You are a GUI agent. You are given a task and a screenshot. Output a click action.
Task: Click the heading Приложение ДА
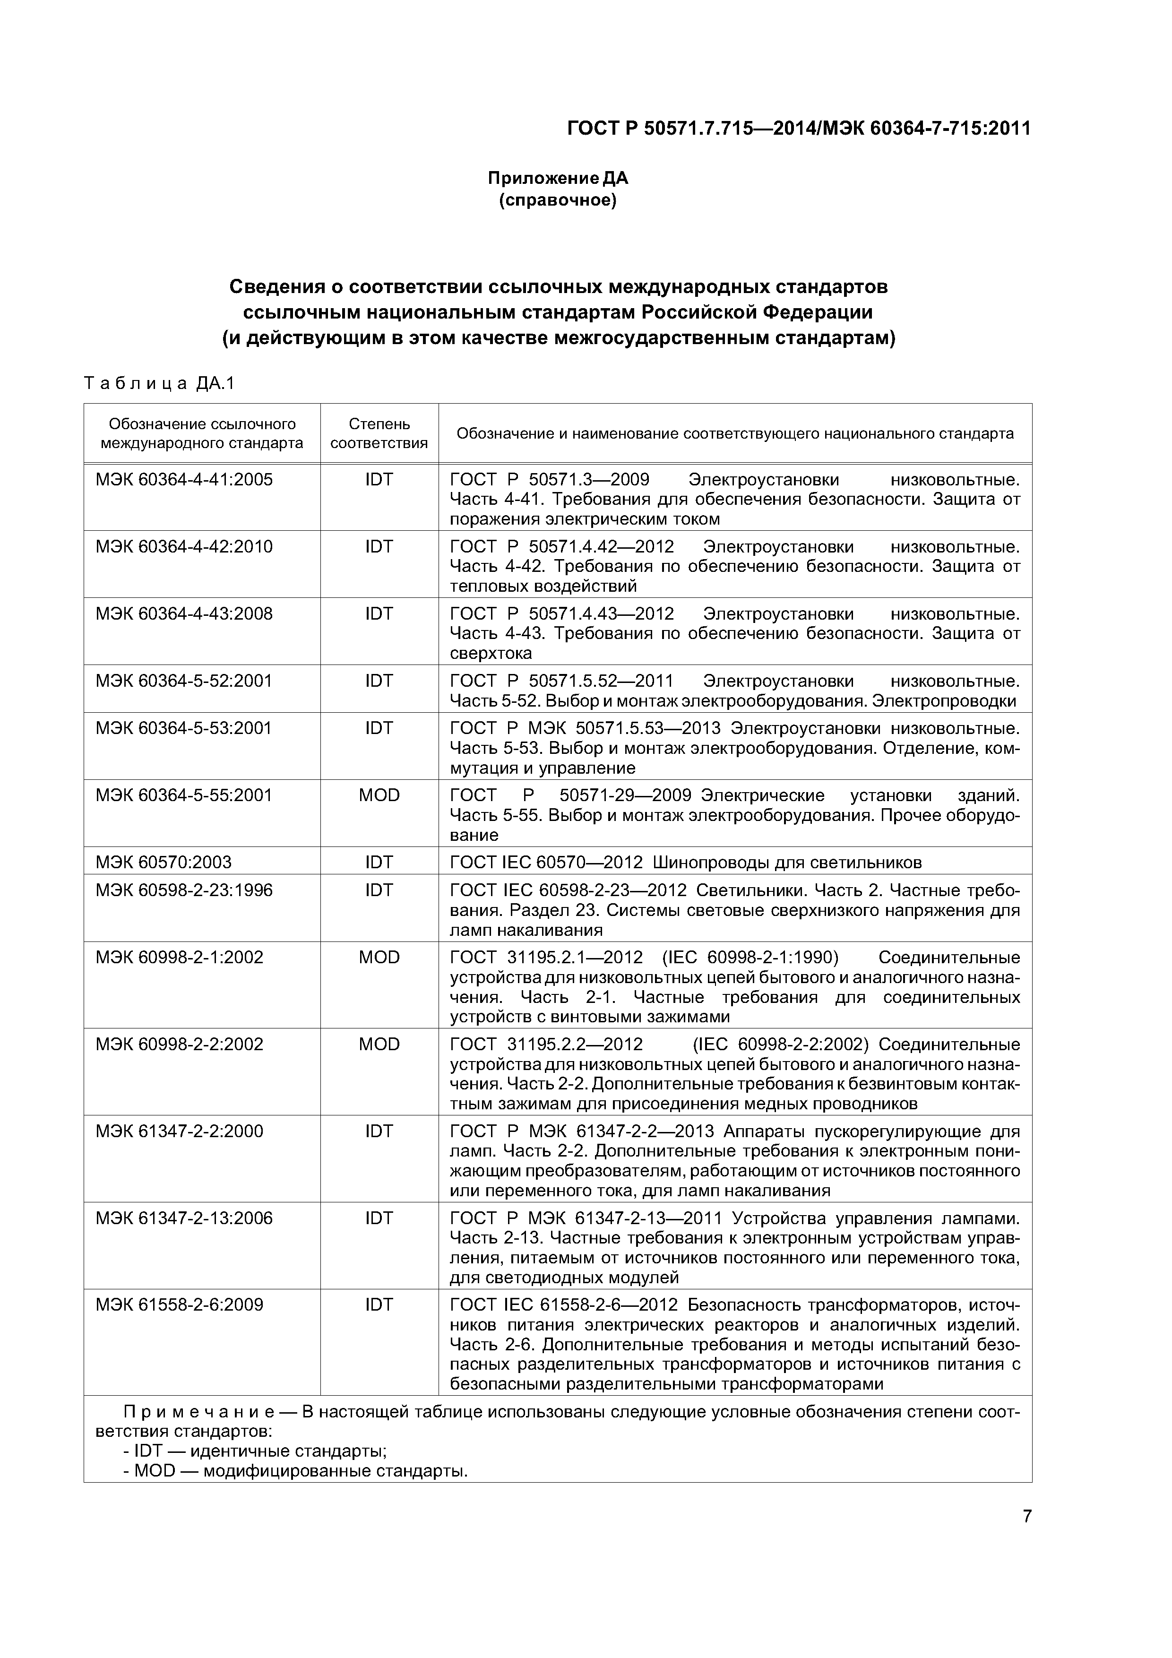(x=558, y=178)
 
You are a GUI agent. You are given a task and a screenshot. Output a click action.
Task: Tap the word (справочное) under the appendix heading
(x=558, y=200)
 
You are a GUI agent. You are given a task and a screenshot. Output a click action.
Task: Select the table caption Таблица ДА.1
(x=160, y=383)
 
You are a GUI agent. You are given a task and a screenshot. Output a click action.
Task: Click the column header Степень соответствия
(x=379, y=433)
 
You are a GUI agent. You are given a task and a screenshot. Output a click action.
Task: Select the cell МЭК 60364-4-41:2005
(x=184, y=480)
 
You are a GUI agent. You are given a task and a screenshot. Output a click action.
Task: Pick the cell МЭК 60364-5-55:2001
(x=184, y=795)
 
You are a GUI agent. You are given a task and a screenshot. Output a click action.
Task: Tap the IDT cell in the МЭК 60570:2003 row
(x=379, y=862)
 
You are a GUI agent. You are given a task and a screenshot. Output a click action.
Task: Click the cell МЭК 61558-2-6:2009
(x=179, y=1304)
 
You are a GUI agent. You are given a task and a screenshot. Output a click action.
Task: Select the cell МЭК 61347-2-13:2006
(x=184, y=1218)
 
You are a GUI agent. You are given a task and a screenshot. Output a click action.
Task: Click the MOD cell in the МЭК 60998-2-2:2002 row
(x=379, y=1044)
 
